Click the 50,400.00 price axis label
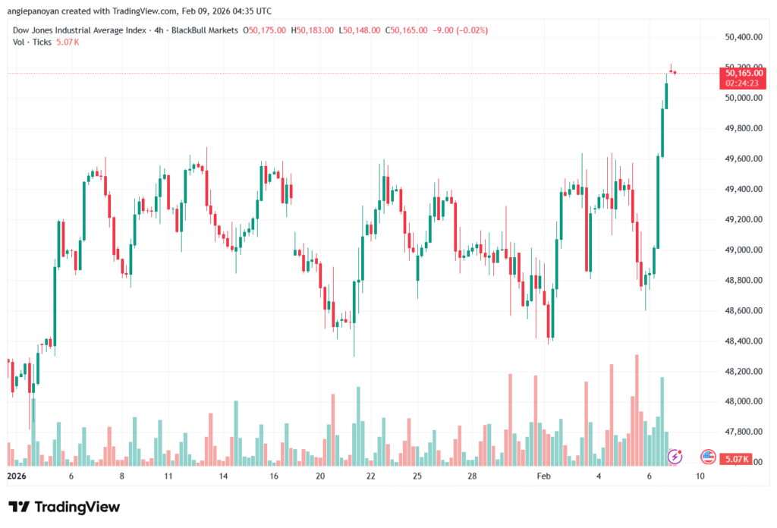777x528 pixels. [743, 37]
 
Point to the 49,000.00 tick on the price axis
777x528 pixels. [743, 250]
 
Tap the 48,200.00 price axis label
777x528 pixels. [743, 371]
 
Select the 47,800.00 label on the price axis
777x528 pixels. [743, 432]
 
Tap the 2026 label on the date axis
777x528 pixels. [16, 476]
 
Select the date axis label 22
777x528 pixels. [370, 476]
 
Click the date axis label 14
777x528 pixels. [223, 476]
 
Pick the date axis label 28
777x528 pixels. [471, 476]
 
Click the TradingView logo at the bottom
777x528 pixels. [64, 507]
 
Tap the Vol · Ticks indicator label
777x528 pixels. [33, 42]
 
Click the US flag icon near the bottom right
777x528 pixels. [708, 457]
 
